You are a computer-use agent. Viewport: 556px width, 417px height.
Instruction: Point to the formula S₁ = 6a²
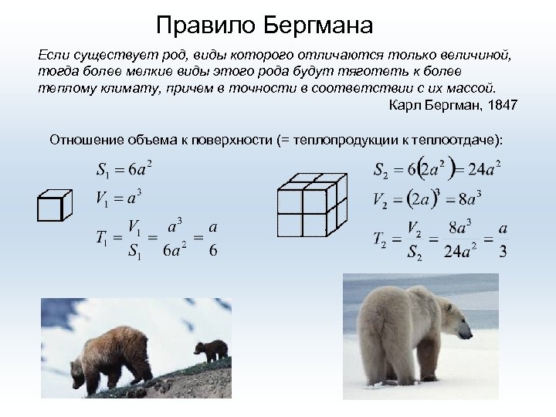tap(124, 169)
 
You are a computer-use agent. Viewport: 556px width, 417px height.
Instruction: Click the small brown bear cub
tap(210, 351)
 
